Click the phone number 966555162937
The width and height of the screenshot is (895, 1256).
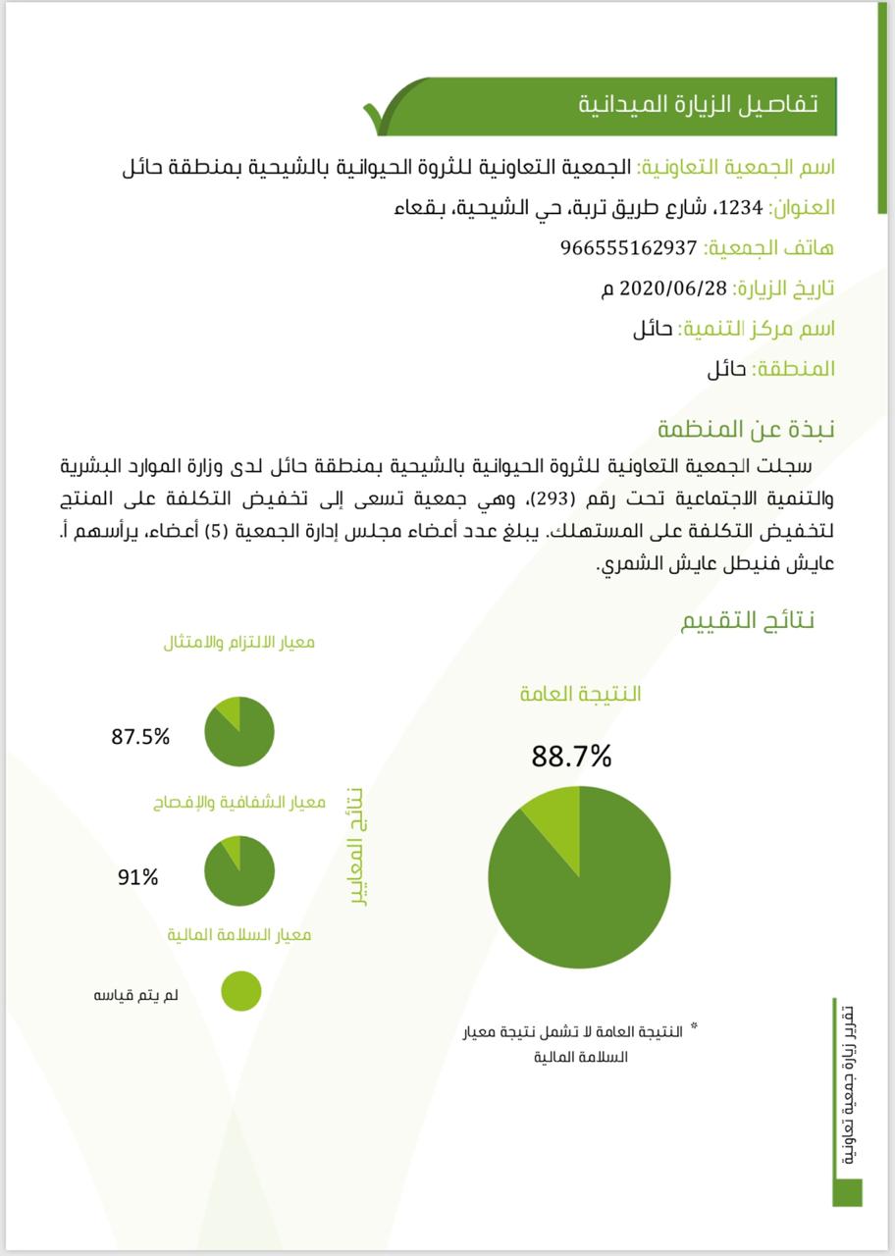click(x=628, y=248)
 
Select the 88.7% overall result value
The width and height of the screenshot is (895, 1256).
click(x=571, y=757)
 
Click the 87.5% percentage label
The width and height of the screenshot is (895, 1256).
click(x=140, y=737)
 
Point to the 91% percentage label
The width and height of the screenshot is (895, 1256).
click(x=137, y=877)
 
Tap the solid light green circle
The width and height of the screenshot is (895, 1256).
click(x=240, y=990)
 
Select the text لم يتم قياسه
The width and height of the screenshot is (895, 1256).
click(x=129, y=995)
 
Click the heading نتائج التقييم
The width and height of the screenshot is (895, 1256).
click(x=748, y=621)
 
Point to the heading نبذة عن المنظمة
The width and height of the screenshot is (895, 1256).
click(x=746, y=430)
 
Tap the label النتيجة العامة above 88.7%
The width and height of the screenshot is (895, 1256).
click(x=580, y=694)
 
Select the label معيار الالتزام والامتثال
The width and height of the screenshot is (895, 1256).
click(x=238, y=643)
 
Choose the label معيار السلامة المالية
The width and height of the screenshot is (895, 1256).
click(x=238, y=934)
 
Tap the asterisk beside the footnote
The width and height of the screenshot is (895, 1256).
click(x=694, y=1026)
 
